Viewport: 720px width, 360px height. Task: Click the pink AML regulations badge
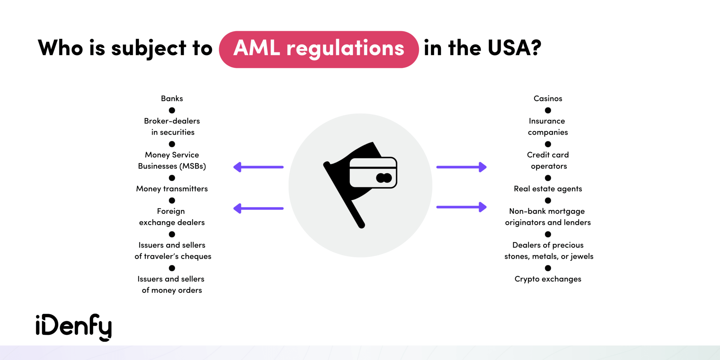pos(319,49)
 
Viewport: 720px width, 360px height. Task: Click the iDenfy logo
pos(74,327)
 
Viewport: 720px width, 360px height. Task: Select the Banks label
pos(172,98)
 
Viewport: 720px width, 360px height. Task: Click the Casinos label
pos(548,98)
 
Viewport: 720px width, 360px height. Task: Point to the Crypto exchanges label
pos(548,279)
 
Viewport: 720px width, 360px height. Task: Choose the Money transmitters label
pos(172,189)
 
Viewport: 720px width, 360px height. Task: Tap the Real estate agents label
pos(548,189)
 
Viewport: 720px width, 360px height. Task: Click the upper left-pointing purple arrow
pos(258,167)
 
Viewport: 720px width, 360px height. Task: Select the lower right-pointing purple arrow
pos(461,207)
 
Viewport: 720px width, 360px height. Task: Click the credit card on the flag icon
pos(373,173)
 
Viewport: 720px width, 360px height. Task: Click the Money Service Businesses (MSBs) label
pos(172,161)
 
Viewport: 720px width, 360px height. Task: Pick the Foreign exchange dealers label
pos(172,217)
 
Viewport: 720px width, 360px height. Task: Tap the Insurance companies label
pos(548,127)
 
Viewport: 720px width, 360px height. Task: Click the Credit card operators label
pos(548,161)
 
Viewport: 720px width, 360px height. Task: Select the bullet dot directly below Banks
pos(172,110)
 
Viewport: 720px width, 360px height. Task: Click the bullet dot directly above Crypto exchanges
pos(548,268)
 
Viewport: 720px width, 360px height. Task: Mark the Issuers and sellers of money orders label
pos(172,284)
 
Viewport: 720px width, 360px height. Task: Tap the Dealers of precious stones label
pos(548,251)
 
